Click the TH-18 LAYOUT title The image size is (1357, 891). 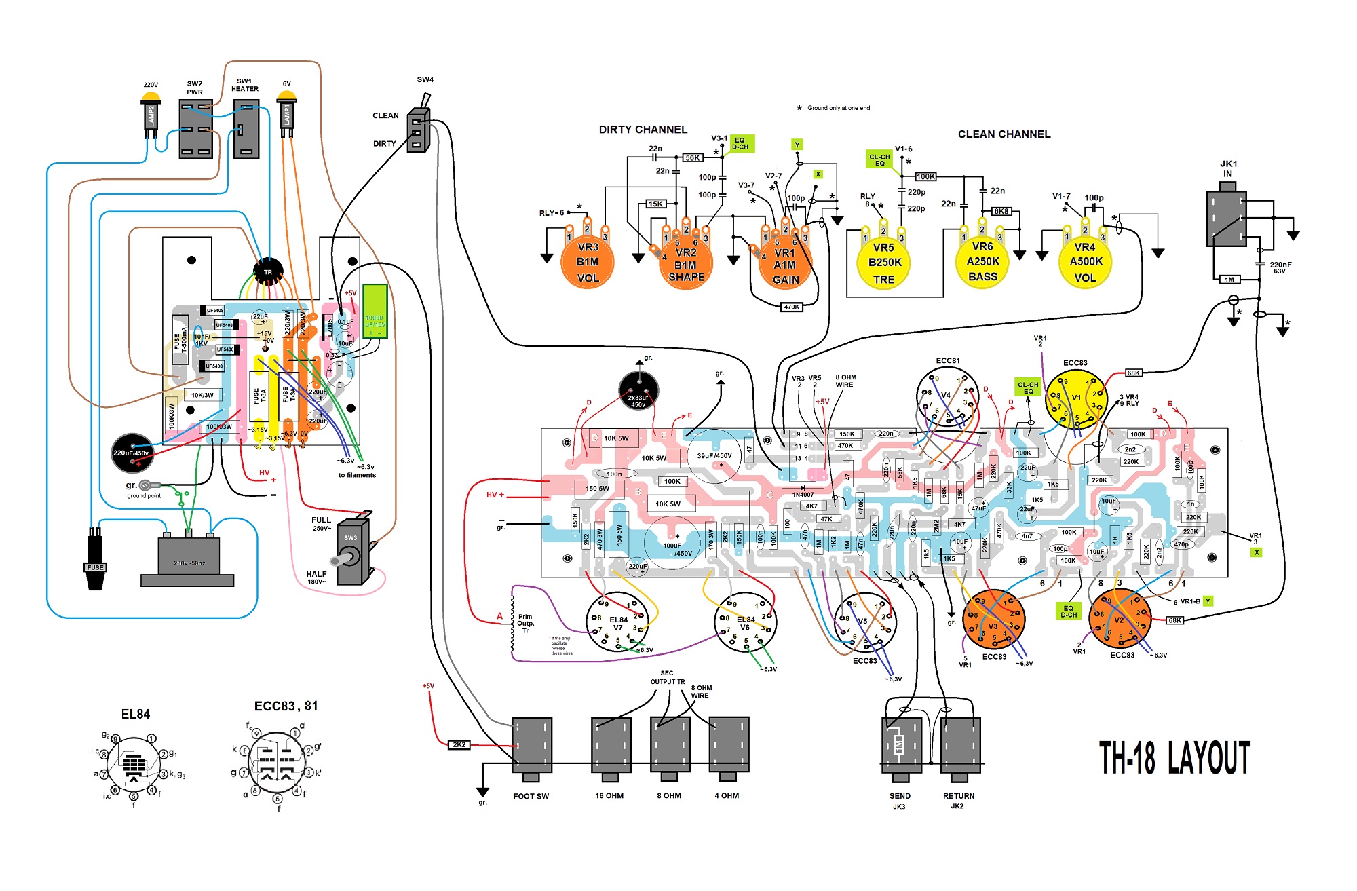click(1174, 758)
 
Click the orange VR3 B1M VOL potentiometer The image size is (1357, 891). click(588, 262)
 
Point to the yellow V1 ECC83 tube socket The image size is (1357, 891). click(1076, 399)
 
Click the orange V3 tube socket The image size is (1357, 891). click(993, 620)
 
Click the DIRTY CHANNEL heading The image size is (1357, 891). click(643, 130)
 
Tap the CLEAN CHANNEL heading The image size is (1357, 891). click(1004, 134)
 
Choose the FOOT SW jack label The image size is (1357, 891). click(531, 796)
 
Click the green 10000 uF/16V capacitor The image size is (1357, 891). click(375, 311)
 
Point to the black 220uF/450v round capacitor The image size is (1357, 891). click(132, 453)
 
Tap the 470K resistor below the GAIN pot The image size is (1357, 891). click(791, 307)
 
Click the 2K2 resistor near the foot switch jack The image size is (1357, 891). click(459, 745)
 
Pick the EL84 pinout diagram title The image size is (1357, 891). click(135, 714)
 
